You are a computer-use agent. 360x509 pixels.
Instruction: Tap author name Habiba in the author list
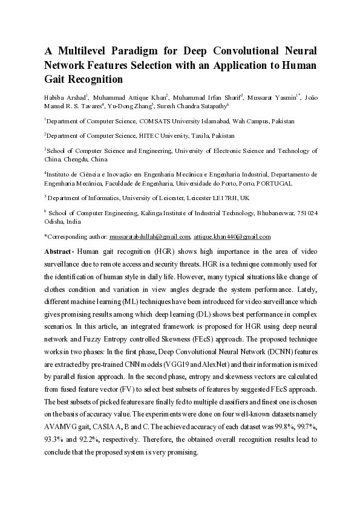[x=56, y=96]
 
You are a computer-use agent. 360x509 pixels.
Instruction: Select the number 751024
[x=306, y=213]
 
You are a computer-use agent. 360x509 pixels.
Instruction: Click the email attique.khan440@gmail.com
[x=232, y=236]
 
